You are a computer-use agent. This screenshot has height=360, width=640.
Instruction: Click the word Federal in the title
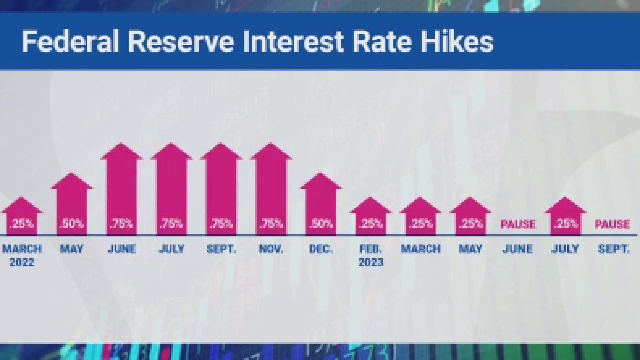(70, 41)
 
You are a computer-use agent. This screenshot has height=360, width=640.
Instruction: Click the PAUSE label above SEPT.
(612, 224)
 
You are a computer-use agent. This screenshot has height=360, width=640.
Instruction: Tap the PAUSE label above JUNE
(518, 224)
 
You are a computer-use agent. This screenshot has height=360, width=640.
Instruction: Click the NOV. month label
(271, 249)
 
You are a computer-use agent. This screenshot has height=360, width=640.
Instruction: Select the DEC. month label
(321, 249)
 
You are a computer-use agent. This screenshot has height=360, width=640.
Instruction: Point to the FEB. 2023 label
(370, 255)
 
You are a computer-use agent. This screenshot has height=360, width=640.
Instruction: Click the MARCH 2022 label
(22, 255)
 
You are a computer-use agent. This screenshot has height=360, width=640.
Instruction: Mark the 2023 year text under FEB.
(371, 262)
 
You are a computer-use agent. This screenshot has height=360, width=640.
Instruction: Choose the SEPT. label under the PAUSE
(614, 249)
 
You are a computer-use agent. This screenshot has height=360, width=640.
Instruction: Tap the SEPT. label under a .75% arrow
(221, 249)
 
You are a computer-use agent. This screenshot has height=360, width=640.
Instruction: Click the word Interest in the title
(293, 41)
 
